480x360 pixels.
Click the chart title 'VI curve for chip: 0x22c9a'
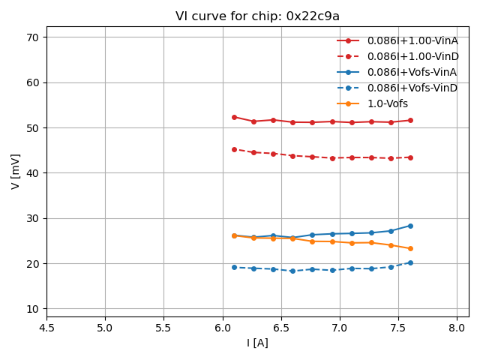tap(257, 16)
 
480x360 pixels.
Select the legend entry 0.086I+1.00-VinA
tap(412, 40)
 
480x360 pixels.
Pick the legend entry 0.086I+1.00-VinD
tap(412, 56)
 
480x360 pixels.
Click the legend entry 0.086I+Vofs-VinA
tap(412, 72)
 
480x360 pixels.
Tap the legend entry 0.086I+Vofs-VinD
tap(412, 88)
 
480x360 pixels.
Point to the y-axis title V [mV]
tap(16, 172)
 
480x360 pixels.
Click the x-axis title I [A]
tap(257, 343)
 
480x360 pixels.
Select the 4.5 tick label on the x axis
tap(46, 328)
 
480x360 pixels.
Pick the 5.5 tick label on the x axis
tap(163, 328)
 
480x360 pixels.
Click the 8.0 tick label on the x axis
tap(457, 328)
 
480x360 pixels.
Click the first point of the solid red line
tap(234, 117)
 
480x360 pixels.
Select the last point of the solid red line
tap(410, 120)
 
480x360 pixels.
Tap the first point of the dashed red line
tap(234, 149)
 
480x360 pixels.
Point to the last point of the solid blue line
tap(410, 226)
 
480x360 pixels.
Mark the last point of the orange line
tap(410, 248)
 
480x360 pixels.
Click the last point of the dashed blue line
tap(410, 262)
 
